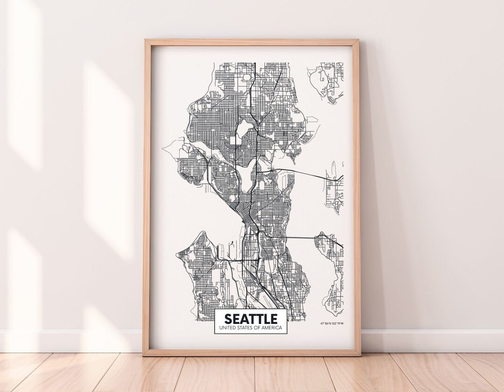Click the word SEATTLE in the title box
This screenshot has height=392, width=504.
251,319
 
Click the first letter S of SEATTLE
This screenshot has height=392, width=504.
228,319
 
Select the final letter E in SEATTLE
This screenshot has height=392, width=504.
273,319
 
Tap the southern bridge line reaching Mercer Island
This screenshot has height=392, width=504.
301,238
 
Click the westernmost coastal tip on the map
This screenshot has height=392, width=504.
163,148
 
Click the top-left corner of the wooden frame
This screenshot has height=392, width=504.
146,41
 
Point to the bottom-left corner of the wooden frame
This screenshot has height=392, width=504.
144,354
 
